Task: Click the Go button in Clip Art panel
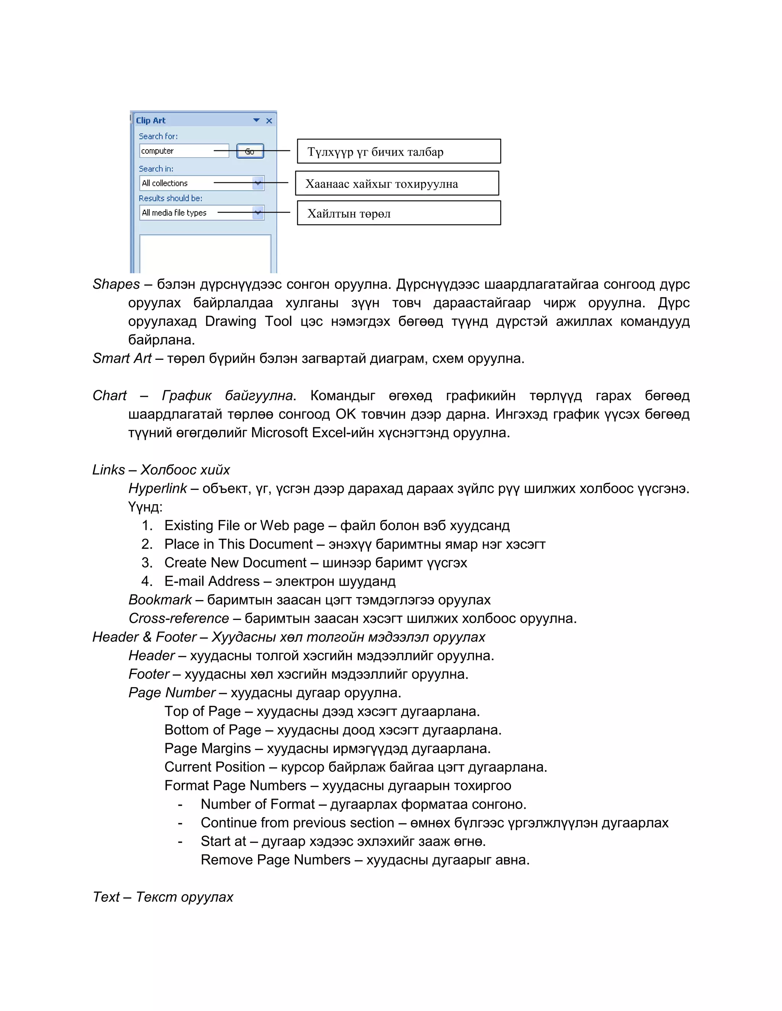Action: (250, 151)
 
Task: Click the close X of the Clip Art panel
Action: (269, 121)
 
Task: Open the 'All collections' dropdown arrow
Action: (258, 183)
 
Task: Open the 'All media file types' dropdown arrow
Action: (258, 213)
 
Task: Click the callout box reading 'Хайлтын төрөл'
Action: (398, 213)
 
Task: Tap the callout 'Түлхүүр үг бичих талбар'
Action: (398, 151)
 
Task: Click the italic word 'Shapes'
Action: (116, 284)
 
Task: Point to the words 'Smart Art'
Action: (122, 358)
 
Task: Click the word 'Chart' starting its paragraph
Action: (109, 396)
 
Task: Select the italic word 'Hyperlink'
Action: (158, 488)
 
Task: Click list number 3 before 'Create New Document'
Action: (147, 563)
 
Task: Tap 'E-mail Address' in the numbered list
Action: (212, 581)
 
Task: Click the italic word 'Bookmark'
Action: (160, 600)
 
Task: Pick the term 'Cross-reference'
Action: (178, 618)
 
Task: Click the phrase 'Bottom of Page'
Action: (213, 730)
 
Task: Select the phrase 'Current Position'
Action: (215, 767)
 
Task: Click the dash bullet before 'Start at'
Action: (180, 842)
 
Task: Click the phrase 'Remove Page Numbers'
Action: (275, 860)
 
